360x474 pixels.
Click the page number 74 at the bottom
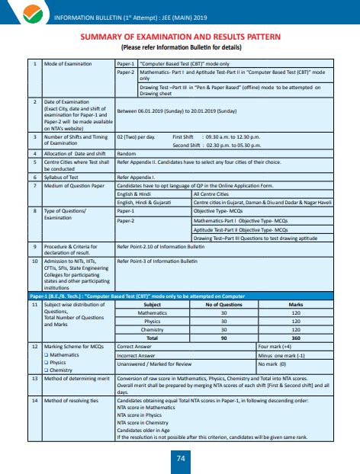180,457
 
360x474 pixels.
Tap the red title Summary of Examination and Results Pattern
180,37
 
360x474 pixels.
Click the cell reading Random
126,155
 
